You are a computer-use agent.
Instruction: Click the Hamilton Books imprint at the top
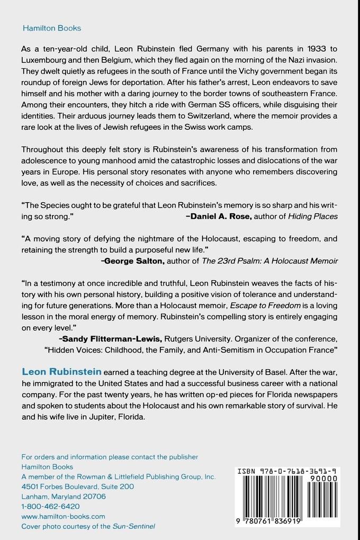click(x=51, y=28)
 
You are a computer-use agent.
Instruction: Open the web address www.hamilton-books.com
click(x=63, y=516)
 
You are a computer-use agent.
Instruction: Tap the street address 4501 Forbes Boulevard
click(x=59, y=486)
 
